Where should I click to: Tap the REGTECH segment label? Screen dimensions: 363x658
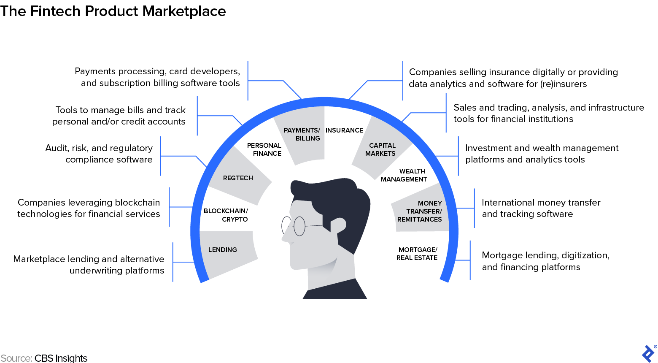point(238,178)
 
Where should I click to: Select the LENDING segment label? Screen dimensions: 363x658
point(222,250)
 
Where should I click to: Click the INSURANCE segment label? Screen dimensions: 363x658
point(344,130)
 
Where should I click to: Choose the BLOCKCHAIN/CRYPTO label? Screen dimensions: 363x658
point(227,215)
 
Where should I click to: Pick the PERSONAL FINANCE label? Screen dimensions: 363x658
point(264,149)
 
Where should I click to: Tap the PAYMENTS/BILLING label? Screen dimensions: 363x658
point(302,134)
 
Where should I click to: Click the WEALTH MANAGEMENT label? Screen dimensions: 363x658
point(404,175)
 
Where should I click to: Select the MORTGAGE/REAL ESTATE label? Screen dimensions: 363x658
point(417,254)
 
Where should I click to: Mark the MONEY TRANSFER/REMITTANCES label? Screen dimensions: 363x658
point(420,211)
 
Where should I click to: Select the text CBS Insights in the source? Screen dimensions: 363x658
point(61,358)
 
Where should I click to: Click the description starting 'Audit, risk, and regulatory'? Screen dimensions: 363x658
point(99,154)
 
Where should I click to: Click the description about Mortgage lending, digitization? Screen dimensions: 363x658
point(545,261)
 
